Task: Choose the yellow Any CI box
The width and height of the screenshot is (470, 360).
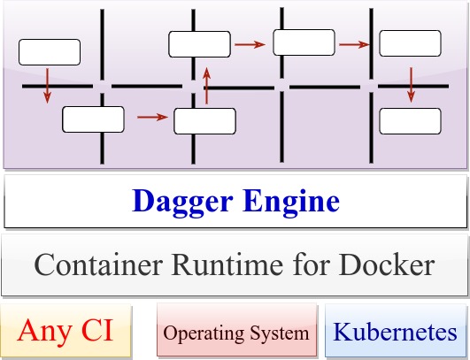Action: click(x=67, y=332)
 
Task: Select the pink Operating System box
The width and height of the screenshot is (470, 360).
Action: click(x=236, y=333)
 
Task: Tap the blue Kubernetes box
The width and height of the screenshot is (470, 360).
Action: click(x=395, y=333)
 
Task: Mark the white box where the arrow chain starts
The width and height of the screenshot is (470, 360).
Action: click(x=50, y=52)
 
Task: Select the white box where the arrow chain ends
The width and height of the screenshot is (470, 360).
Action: click(x=409, y=120)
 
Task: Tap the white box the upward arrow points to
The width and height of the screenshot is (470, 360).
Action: click(x=199, y=43)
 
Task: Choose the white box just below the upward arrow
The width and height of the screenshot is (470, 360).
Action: click(x=204, y=120)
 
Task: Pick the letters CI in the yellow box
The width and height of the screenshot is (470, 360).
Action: click(x=99, y=331)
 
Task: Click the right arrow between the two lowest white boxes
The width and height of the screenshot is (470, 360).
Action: click(x=152, y=116)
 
